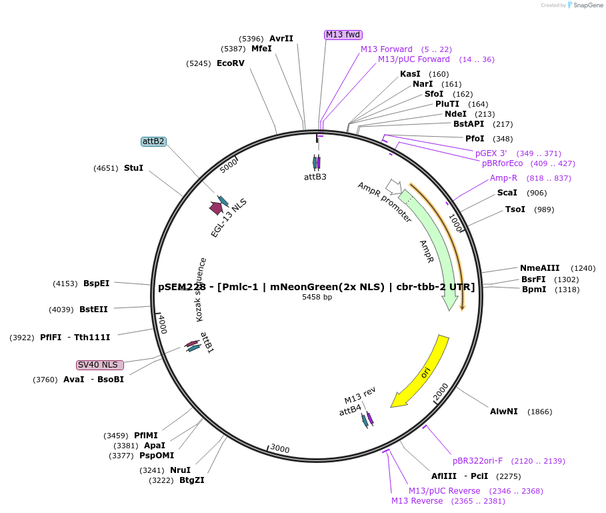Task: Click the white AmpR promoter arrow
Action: point(393,187)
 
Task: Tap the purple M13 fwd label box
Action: point(343,35)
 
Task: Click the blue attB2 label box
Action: point(153,141)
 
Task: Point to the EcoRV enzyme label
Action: point(231,63)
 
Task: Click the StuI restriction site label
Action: point(133,168)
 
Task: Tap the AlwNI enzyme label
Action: point(503,412)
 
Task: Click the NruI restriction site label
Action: point(180,470)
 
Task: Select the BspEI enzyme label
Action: point(96,284)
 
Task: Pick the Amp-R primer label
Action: point(503,178)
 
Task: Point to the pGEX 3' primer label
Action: point(491,153)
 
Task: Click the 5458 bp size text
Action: point(317,297)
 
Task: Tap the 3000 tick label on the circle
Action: point(279,449)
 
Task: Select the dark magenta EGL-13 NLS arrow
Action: point(216,208)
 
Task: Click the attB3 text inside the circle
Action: point(315,177)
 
